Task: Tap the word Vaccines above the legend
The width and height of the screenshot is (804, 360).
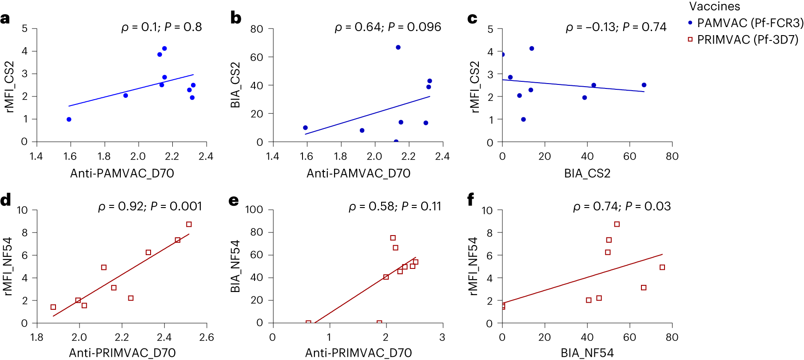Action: pos(714,6)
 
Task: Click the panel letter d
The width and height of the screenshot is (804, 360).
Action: pos(6,200)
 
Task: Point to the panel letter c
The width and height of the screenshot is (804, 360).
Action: pos(472,19)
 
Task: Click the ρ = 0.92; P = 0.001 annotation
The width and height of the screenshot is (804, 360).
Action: pos(150,206)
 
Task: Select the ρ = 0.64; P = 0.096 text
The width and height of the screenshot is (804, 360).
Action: pos(387,27)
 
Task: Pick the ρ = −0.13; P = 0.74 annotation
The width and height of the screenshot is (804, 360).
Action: pos(616,27)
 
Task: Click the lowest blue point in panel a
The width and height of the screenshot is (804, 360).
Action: pos(69,120)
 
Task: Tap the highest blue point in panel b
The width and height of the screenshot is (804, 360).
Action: pos(398,48)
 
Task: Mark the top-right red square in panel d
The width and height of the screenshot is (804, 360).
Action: pos(189,224)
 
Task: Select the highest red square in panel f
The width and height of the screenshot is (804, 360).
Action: pos(617,224)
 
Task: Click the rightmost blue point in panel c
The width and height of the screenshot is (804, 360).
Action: pos(644,85)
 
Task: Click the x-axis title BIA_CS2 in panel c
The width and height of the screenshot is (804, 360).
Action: pos(587,173)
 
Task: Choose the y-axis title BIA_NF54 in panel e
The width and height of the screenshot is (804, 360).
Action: pos(235,266)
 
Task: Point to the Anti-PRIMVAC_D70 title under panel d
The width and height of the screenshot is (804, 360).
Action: pos(122,353)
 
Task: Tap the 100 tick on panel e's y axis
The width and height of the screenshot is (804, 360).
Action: pos(254,209)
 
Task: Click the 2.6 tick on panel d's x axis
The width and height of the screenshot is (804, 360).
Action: pos(207,337)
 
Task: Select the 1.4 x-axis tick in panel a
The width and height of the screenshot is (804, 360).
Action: pos(36,156)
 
